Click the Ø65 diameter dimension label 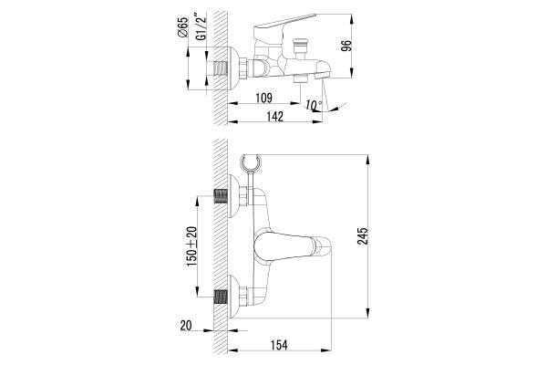182,26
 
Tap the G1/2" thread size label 201,26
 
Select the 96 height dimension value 346,47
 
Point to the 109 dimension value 263,98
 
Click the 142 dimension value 275,117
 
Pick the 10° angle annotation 314,104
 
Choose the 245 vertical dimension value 363,236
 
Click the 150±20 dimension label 191,246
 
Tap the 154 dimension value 279,345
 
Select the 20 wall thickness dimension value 186,326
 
